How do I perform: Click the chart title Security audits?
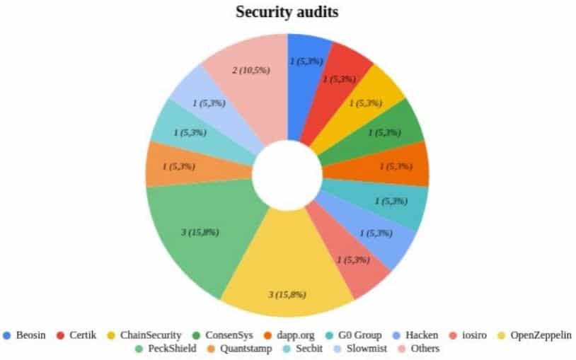(x=287, y=13)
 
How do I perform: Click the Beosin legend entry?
(x=24, y=335)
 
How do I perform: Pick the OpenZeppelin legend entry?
(x=534, y=335)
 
